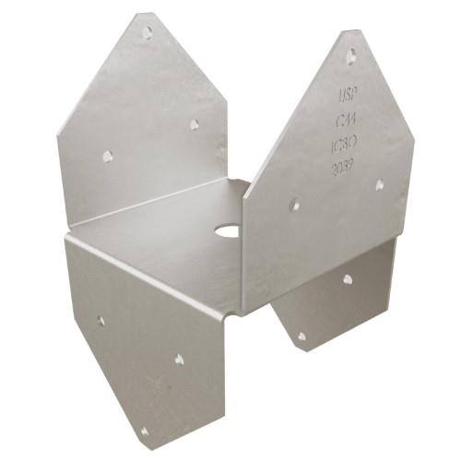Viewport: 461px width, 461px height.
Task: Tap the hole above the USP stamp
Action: click(350, 56)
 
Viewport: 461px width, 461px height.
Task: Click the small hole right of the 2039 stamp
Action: click(379, 184)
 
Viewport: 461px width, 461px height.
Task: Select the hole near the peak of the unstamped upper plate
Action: click(147, 32)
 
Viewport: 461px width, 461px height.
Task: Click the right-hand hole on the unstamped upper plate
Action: click(195, 124)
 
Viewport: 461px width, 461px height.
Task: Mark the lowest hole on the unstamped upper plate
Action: click(107, 156)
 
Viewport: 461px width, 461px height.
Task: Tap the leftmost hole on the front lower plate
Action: click(100, 320)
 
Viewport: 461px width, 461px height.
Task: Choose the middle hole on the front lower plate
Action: click(179, 359)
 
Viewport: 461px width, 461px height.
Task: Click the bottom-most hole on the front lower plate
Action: click(145, 431)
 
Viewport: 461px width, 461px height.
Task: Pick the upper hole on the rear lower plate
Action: click(348, 278)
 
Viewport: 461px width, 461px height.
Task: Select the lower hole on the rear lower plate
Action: click(301, 336)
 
